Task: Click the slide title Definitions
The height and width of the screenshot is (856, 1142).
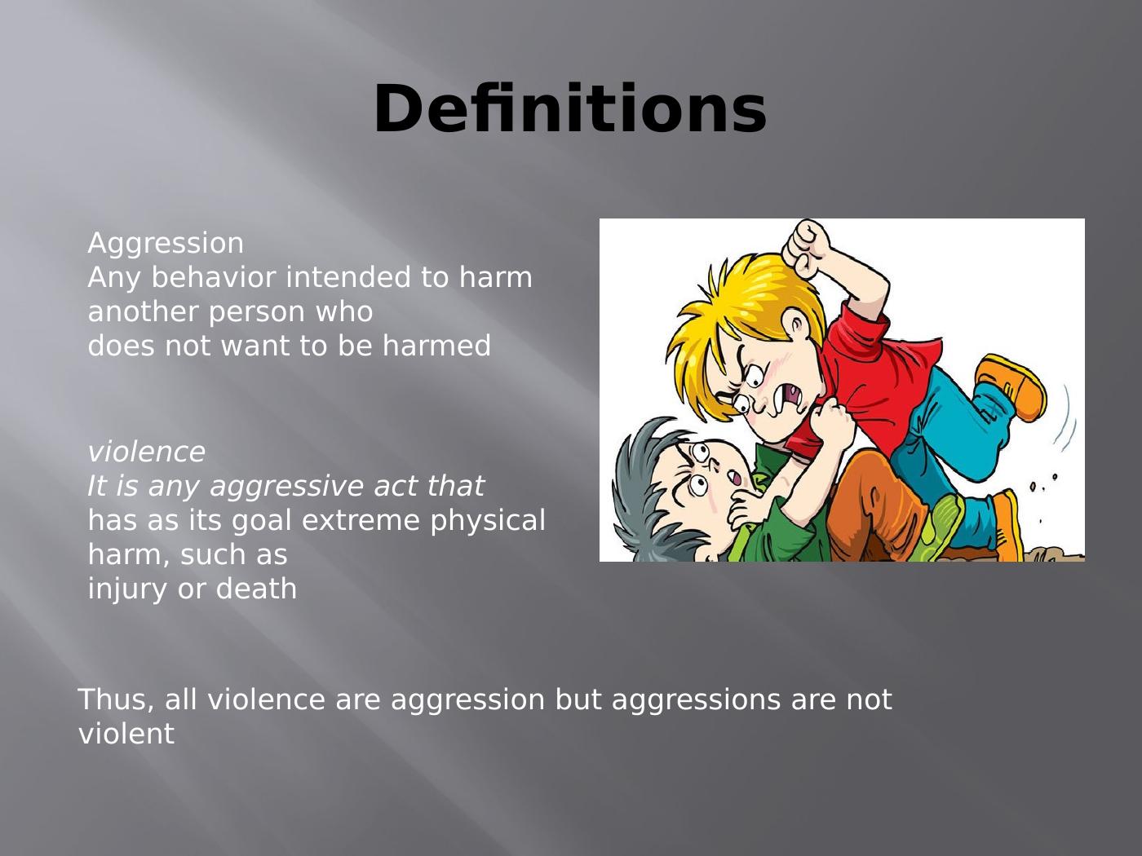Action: [x=569, y=108]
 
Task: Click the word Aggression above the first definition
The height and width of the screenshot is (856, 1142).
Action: [x=166, y=244]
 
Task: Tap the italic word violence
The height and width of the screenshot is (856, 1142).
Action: [x=146, y=452]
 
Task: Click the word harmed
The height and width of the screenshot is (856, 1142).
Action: [x=436, y=345]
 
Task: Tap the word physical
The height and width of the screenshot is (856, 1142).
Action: [x=488, y=521]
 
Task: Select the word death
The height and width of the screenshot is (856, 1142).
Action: [x=256, y=589]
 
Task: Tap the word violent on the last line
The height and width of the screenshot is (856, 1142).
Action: [x=126, y=734]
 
